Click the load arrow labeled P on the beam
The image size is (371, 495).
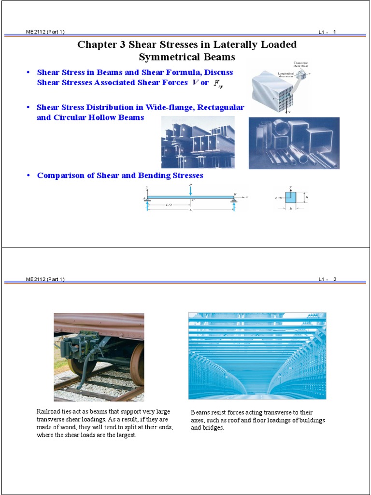coord(191,190)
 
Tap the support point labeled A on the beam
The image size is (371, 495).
coord(145,198)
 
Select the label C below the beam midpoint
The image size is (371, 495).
coord(193,200)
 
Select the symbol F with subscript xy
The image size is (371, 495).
coord(218,84)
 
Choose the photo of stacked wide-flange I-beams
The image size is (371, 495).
coord(198,142)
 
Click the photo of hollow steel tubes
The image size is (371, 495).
coord(294,143)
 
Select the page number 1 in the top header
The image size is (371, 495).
coord(334,32)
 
